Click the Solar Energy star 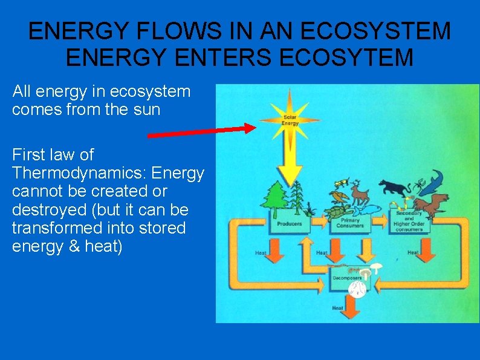click(x=290, y=117)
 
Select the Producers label click(x=289, y=224)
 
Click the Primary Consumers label click(x=349, y=224)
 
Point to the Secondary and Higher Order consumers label click(x=409, y=221)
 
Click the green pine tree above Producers click(x=276, y=196)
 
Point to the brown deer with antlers click(x=360, y=192)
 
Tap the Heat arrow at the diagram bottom click(x=351, y=306)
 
